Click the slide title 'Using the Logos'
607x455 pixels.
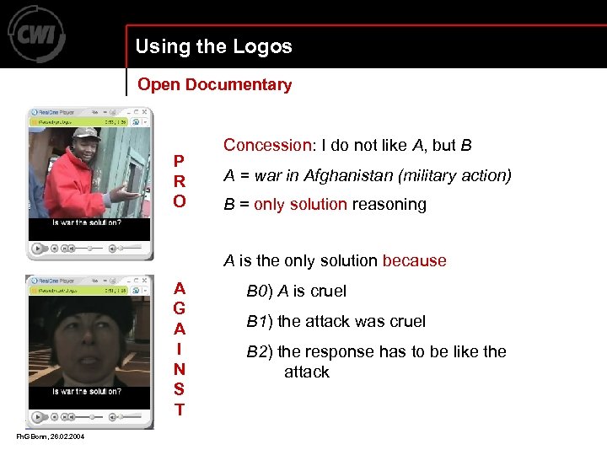coord(213,47)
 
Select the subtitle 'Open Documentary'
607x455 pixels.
coord(214,84)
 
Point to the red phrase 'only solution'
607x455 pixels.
coord(300,205)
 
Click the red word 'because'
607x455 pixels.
coord(414,260)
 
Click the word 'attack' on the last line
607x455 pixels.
coord(306,372)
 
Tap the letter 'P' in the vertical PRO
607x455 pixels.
coord(179,161)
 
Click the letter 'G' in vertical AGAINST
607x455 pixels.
coord(179,308)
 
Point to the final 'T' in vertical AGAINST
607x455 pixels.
coord(179,410)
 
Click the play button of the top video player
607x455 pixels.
coord(38,248)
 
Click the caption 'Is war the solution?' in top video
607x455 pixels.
coord(86,223)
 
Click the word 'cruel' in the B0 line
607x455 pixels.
coord(328,292)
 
